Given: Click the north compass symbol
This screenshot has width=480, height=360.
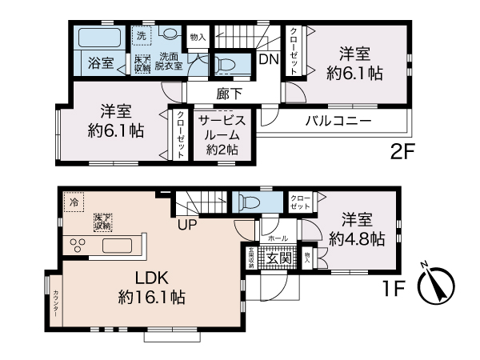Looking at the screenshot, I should (436, 282).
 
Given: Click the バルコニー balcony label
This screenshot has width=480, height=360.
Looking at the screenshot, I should (337, 122).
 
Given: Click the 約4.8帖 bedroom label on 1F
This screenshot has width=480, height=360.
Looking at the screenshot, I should (357, 229).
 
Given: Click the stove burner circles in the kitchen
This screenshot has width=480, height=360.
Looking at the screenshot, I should (82, 245).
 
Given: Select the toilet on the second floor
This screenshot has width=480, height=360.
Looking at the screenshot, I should (226, 64).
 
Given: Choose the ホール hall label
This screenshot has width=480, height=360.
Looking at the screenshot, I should (278, 238).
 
